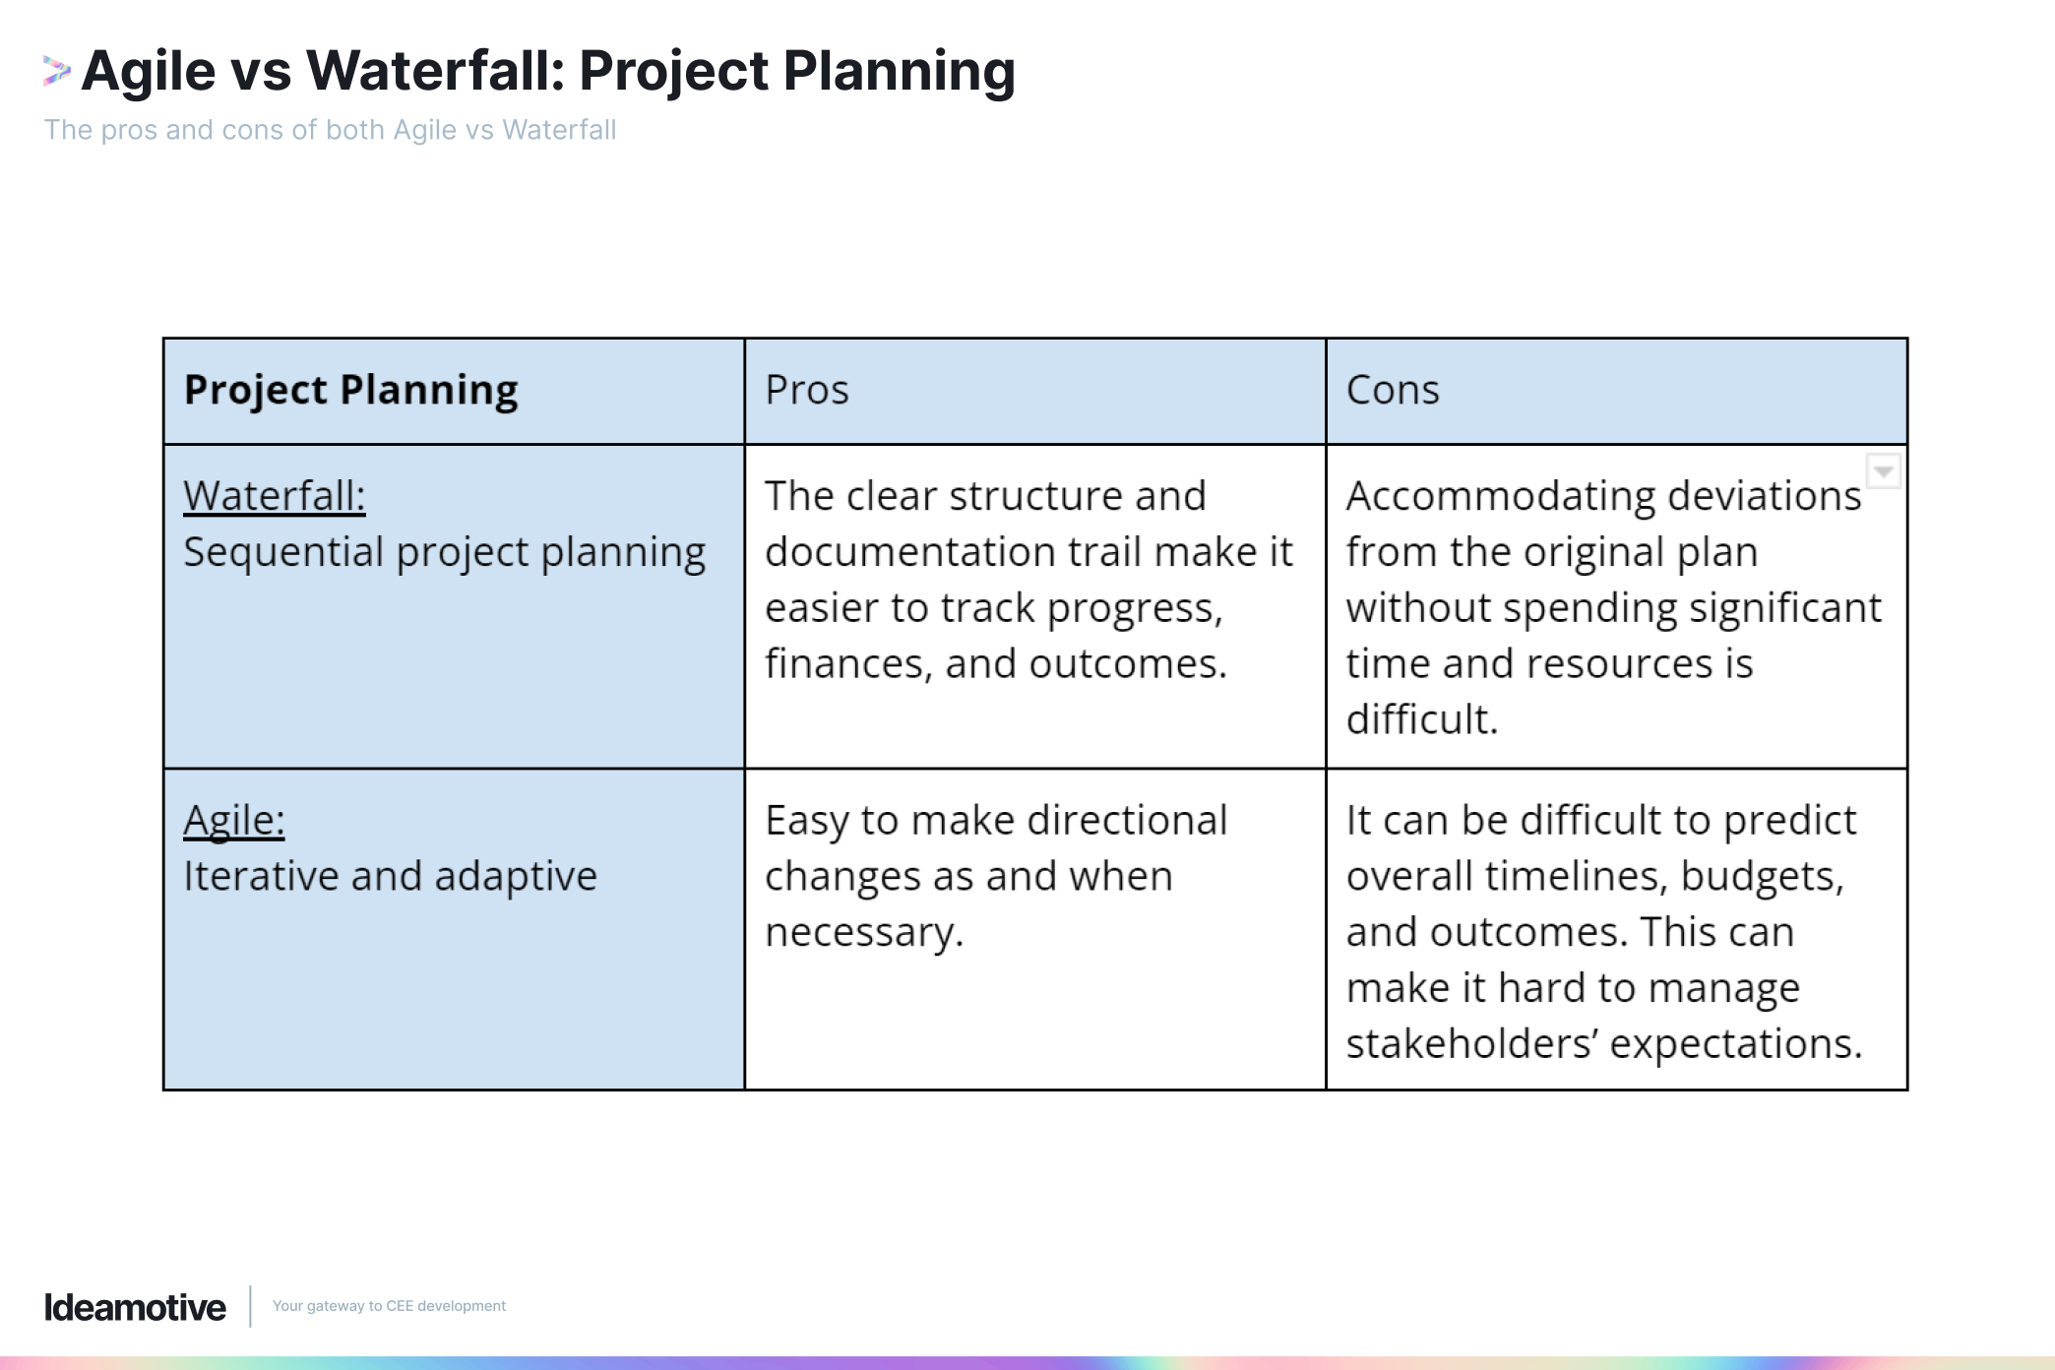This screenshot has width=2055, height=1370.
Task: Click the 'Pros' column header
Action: point(806,390)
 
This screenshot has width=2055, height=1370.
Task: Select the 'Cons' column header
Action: point(1392,390)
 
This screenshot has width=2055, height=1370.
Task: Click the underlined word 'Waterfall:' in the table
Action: point(274,496)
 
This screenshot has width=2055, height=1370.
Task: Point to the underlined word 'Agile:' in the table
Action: point(233,820)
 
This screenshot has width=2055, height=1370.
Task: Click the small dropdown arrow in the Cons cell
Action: point(1883,471)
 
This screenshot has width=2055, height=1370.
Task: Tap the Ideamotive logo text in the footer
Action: point(135,1307)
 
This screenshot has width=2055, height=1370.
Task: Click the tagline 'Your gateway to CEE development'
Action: point(389,1306)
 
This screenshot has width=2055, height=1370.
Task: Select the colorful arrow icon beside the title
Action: point(56,71)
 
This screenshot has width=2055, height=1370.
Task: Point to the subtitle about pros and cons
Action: point(330,130)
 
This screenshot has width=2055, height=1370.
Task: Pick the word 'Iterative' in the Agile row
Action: point(259,876)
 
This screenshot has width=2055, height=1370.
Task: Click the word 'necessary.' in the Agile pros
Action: point(863,932)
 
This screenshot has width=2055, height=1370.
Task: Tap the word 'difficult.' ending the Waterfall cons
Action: point(1421,719)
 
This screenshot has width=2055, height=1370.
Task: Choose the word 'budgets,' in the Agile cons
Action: point(1762,876)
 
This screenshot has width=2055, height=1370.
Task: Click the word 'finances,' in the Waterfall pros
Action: point(847,664)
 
